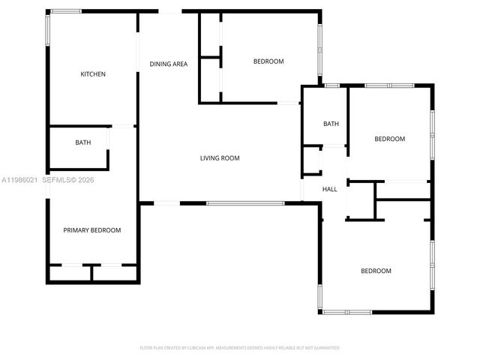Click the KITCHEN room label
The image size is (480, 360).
93,74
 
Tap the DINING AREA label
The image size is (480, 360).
169,64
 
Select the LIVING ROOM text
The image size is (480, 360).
220,158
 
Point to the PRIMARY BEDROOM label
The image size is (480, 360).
91,230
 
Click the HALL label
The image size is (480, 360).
330,190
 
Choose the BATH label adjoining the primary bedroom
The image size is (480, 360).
82,142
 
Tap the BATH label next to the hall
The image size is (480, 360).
331,124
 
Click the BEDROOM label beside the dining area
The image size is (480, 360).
268,61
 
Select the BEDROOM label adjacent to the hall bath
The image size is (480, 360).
390,139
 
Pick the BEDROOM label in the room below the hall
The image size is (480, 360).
376,271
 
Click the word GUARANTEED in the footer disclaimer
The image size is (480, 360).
324,348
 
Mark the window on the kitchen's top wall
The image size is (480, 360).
66,11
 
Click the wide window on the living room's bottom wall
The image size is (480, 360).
245,203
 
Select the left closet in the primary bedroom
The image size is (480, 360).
70,273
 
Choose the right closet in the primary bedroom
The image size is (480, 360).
113,273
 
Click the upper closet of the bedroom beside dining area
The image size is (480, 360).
210,34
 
